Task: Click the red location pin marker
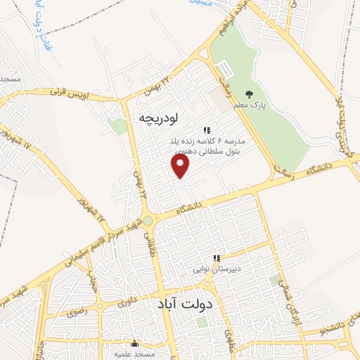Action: coord(181,167)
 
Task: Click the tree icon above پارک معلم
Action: coord(248,94)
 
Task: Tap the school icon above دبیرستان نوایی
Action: coord(217,258)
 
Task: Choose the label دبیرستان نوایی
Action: coord(217,269)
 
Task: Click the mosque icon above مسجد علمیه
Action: coord(135,343)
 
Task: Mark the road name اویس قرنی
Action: coord(82,94)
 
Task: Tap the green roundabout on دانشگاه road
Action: coord(148,221)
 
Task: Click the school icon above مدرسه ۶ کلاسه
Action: coord(207,130)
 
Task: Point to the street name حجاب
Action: coord(91,285)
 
